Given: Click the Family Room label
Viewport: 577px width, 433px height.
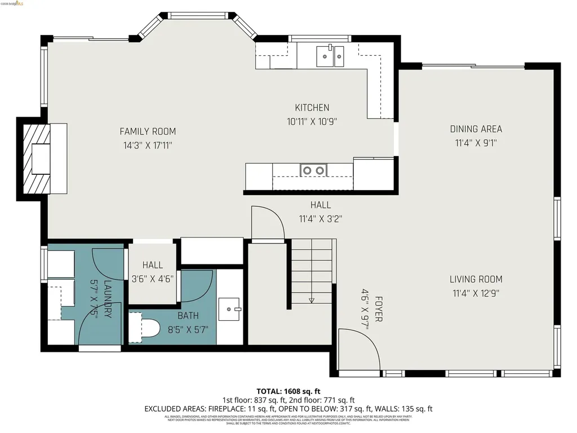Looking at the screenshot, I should coord(148,131).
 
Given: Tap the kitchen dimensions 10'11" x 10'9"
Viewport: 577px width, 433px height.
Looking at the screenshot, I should coord(312,121).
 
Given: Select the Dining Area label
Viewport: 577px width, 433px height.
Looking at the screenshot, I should coord(476,129).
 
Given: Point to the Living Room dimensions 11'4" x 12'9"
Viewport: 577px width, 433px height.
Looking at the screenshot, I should coord(476,293).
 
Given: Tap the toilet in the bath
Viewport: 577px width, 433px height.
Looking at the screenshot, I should coord(146,329).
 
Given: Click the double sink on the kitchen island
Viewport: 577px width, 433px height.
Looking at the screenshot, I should coord(313,170).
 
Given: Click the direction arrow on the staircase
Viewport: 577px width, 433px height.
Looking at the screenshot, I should coord(312,301).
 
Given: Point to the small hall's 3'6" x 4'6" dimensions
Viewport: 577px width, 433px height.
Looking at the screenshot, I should coord(153,278).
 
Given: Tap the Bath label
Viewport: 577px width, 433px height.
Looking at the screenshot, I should coord(188,316).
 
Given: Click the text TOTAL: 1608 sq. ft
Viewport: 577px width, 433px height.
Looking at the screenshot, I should coord(288,391).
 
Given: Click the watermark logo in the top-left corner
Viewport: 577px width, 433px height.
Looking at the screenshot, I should coord(12,3).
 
